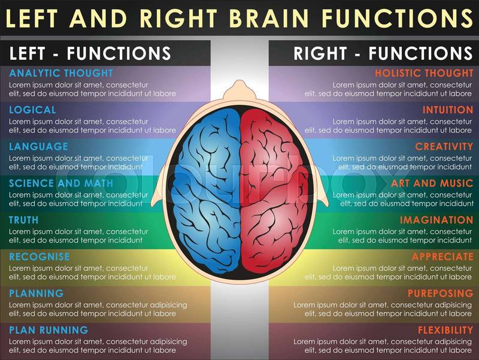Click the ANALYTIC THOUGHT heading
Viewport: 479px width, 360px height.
click(x=60, y=73)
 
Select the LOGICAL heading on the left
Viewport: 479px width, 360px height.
click(x=32, y=110)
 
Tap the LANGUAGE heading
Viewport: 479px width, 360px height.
click(x=38, y=146)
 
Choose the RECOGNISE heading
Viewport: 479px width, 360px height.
click(x=40, y=256)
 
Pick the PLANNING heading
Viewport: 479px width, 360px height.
click(x=36, y=294)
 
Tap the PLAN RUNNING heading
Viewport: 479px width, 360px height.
click(x=48, y=330)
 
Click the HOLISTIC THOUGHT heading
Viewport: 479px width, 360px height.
click(x=423, y=73)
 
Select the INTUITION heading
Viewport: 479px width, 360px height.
click(x=447, y=110)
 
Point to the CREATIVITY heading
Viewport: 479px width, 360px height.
click(x=444, y=146)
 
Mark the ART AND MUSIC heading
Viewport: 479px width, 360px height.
click(x=432, y=183)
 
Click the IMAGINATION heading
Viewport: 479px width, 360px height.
click(x=436, y=220)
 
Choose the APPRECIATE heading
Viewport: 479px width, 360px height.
click(x=442, y=256)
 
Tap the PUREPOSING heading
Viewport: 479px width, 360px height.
click(x=440, y=294)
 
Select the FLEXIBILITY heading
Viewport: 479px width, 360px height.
click(x=445, y=330)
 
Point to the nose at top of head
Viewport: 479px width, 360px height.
click(x=240, y=87)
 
